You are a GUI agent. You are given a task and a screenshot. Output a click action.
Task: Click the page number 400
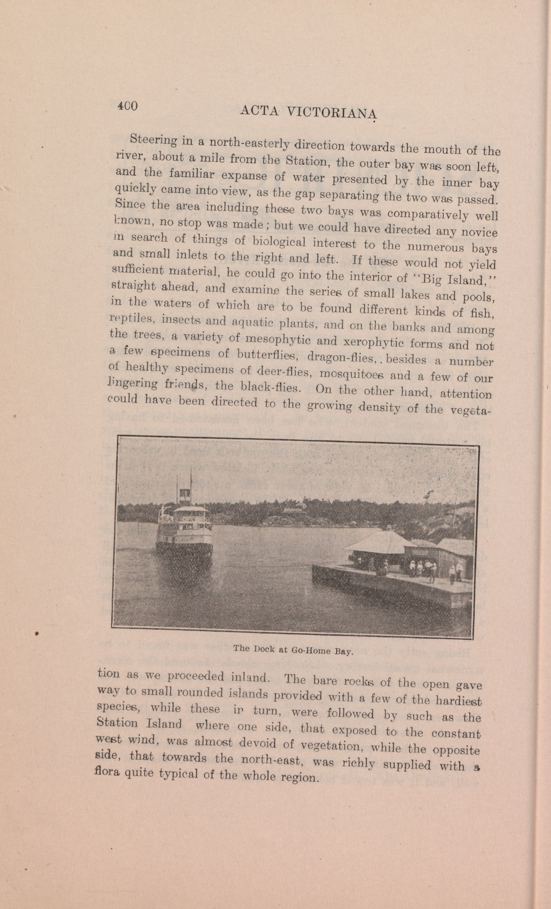127,106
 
